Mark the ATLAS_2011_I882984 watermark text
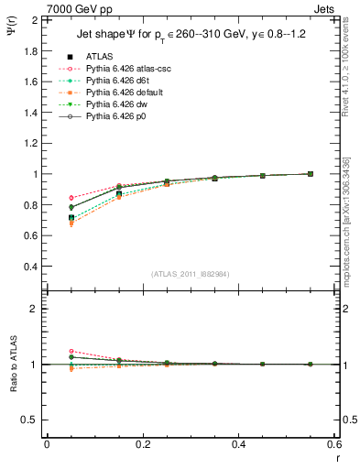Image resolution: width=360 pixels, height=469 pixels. coord(190,274)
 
